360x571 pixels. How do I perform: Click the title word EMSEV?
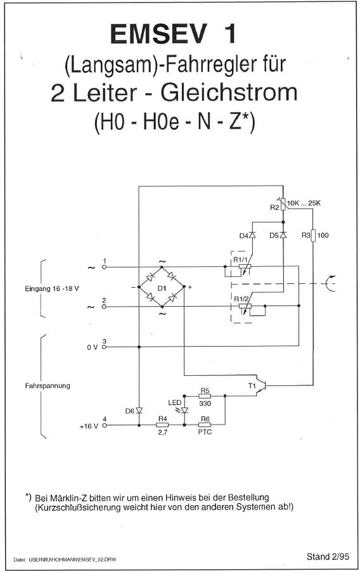click(158, 34)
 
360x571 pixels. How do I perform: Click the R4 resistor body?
click(162, 425)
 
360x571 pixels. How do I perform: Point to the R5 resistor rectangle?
click(205, 396)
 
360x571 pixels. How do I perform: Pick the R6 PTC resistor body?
click(205, 425)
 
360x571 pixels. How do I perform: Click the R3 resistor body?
click(313, 235)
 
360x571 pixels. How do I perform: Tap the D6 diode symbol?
click(139, 411)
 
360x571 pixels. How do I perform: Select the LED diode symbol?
click(184, 411)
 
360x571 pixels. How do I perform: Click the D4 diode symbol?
click(252, 235)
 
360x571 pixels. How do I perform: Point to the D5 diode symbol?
click(283, 235)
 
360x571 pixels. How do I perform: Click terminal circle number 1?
click(104, 267)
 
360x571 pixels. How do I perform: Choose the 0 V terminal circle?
click(104, 347)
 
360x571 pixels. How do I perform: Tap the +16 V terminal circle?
click(104, 425)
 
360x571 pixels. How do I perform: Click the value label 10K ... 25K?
click(304, 203)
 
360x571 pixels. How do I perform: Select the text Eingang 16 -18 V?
click(52, 289)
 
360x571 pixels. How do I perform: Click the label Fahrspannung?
click(48, 386)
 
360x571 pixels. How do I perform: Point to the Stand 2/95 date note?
click(328, 556)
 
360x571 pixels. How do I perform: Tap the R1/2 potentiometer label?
click(241, 299)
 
